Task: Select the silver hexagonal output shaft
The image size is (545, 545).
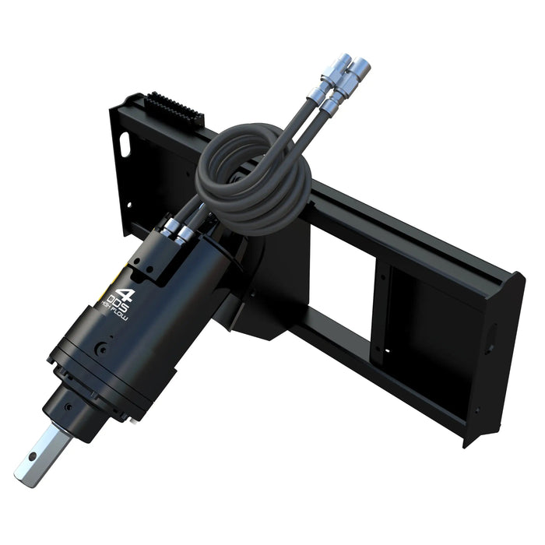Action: (x=37, y=452)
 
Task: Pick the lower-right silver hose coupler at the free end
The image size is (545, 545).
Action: (x=360, y=78)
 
